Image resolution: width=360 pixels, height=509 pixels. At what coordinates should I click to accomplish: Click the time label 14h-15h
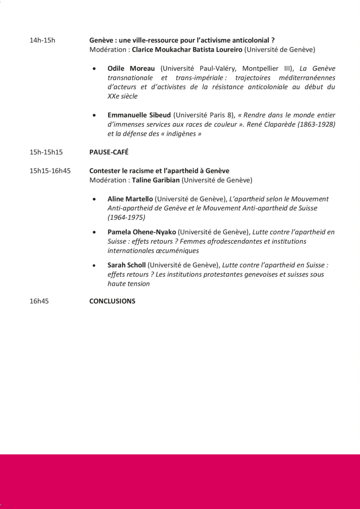tap(42, 40)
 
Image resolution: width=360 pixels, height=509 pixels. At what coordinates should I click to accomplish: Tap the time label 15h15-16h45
tap(50, 171)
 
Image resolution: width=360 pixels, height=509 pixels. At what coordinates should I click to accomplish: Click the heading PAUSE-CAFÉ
tap(109, 152)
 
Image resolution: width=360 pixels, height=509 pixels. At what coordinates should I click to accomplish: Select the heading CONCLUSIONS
tap(112, 301)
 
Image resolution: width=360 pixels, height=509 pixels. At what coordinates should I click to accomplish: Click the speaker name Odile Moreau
tap(131, 68)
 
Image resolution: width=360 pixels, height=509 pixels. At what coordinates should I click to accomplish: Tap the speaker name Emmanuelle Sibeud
tap(139, 115)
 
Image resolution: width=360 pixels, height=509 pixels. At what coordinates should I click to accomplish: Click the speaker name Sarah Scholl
tap(126, 265)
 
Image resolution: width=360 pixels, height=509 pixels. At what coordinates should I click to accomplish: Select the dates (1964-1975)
tap(126, 217)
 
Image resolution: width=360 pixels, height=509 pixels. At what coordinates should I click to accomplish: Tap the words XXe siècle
tap(123, 96)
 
